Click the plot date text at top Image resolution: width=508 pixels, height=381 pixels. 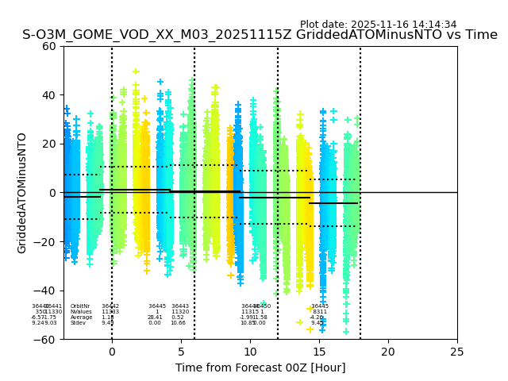pyautogui.click(x=378, y=25)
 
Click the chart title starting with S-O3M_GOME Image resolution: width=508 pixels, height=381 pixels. pyautogui.click(x=260, y=36)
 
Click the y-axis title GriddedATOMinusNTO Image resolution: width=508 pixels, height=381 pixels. pyautogui.click(x=22, y=193)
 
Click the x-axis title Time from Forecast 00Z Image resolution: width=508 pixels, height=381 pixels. pyautogui.click(x=260, y=368)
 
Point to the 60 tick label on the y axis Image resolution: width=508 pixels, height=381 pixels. pyautogui.click(x=49, y=46)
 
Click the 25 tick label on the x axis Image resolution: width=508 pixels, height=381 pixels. pyautogui.click(x=457, y=352)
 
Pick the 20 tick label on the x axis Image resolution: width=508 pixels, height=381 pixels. pyautogui.click(x=388, y=352)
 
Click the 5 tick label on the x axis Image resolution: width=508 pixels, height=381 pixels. pyautogui.click(x=181, y=352)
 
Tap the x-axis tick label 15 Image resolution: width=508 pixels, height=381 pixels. pyautogui.click(x=319, y=352)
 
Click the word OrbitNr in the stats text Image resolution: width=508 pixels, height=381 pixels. pyautogui.click(x=80, y=306)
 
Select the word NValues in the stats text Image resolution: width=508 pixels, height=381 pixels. pyautogui.click(x=80, y=312)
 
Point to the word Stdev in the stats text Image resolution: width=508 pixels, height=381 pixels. pyautogui.click(x=78, y=323)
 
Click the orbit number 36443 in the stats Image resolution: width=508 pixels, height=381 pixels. pyautogui.click(x=180, y=306)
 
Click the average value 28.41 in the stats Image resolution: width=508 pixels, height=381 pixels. pyautogui.click(x=155, y=317)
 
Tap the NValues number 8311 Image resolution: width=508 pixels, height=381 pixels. pyautogui.click(x=320, y=312)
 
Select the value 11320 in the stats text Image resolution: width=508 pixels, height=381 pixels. pyautogui.click(x=180, y=312)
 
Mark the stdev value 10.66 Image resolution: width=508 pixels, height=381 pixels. pyautogui.click(x=178, y=323)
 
